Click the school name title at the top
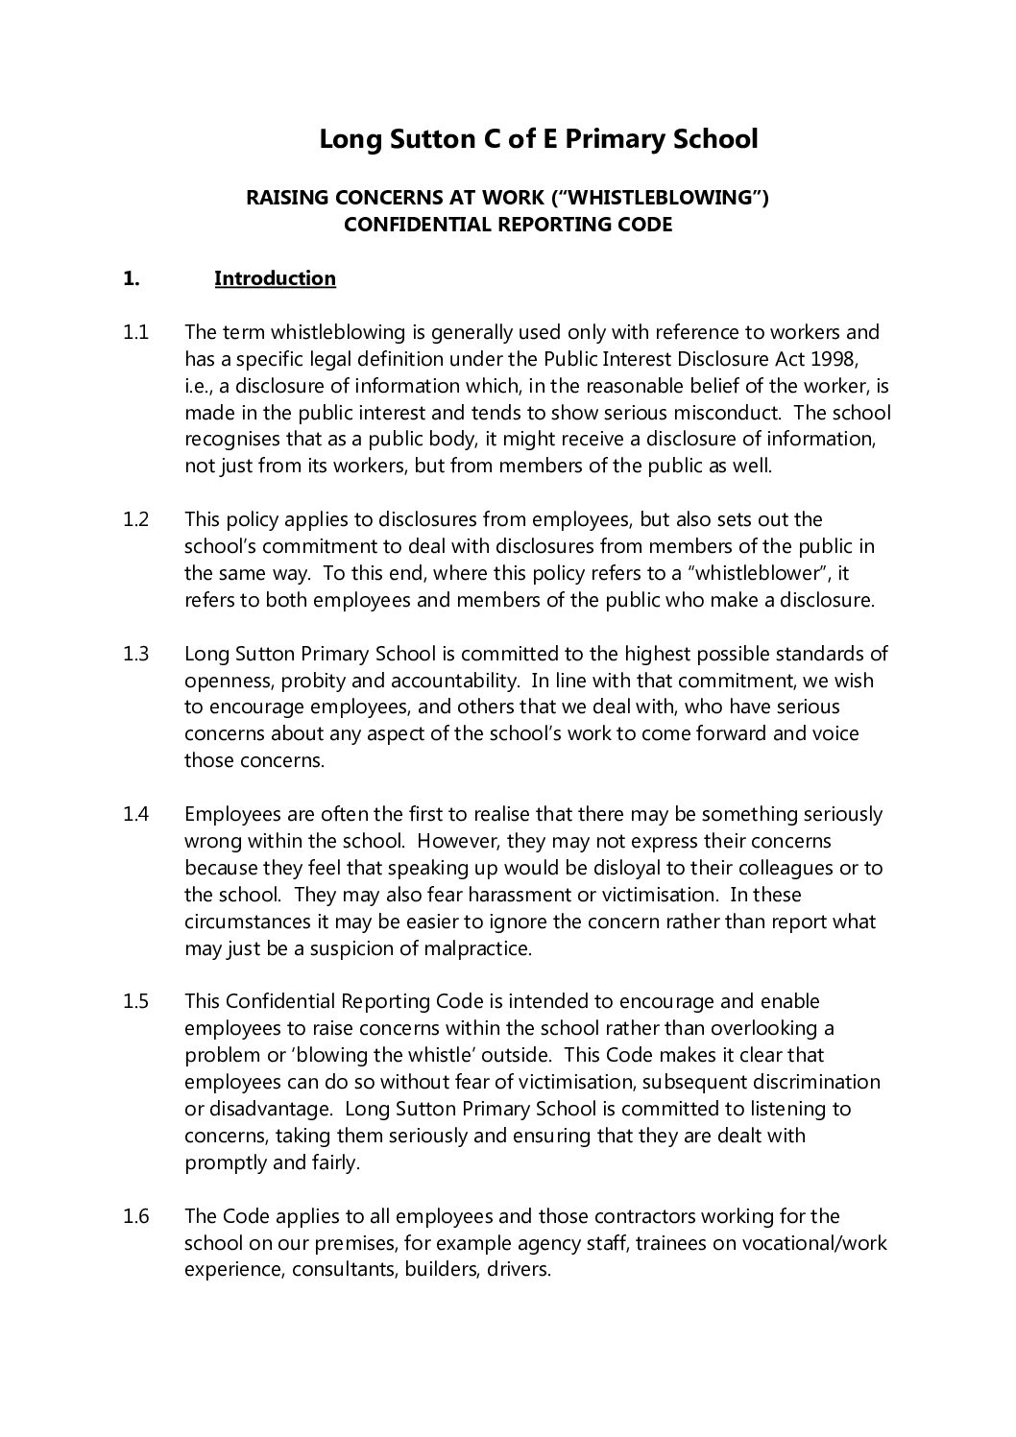coord(538,140)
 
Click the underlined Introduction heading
coord(275,278)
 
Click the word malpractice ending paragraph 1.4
coord(476,948)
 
